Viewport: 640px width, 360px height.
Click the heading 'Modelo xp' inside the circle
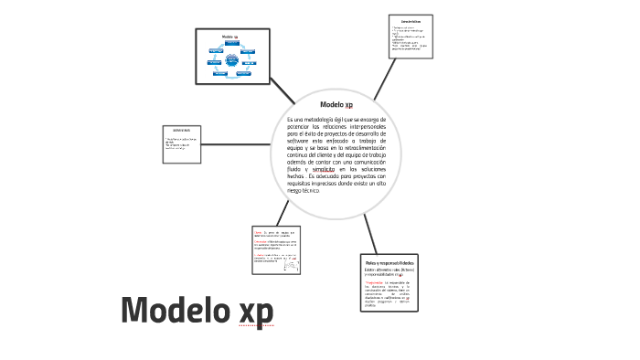pos(336,105)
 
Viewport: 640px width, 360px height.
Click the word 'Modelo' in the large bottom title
pos(174,311)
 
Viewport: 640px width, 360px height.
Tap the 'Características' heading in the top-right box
pos(410,20)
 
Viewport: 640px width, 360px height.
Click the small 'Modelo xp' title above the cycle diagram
pos(230,37)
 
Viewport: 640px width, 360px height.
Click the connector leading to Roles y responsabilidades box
pos(372,233)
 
